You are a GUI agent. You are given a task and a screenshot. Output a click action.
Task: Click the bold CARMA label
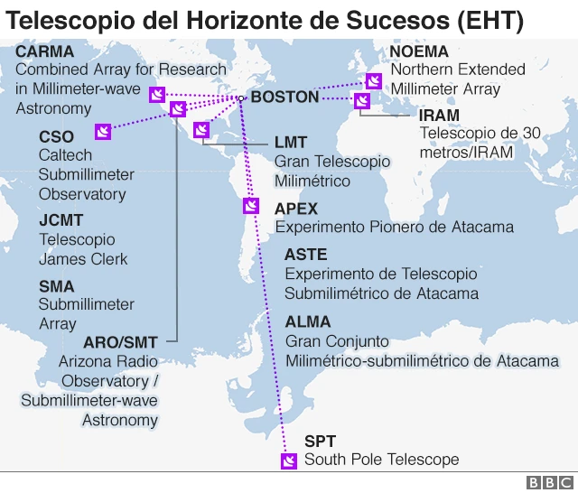45,51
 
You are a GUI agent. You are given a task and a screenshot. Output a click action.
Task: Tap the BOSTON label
284,97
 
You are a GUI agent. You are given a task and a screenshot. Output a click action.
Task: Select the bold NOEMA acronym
419,51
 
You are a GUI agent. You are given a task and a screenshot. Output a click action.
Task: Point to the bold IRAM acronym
440,116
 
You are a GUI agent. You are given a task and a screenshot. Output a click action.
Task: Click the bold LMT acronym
291,142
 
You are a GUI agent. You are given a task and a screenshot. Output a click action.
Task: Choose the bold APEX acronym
296,209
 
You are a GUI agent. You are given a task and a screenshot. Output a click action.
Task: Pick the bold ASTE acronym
305,255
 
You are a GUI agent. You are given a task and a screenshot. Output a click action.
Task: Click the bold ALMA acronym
308,321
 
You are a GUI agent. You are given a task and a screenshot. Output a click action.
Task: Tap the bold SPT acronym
320,442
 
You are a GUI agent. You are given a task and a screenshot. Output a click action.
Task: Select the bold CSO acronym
57,136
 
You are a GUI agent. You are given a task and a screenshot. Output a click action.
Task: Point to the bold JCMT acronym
61,220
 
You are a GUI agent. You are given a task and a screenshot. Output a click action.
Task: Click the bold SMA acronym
57,285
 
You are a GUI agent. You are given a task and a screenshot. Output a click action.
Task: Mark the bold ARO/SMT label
120,342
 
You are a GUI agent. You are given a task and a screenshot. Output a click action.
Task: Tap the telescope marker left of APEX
251,206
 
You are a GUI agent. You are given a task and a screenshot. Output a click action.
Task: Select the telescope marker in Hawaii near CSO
103,132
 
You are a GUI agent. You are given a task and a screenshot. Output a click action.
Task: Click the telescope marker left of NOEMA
373,80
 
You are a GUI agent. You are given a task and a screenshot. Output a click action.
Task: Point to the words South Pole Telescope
381,460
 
